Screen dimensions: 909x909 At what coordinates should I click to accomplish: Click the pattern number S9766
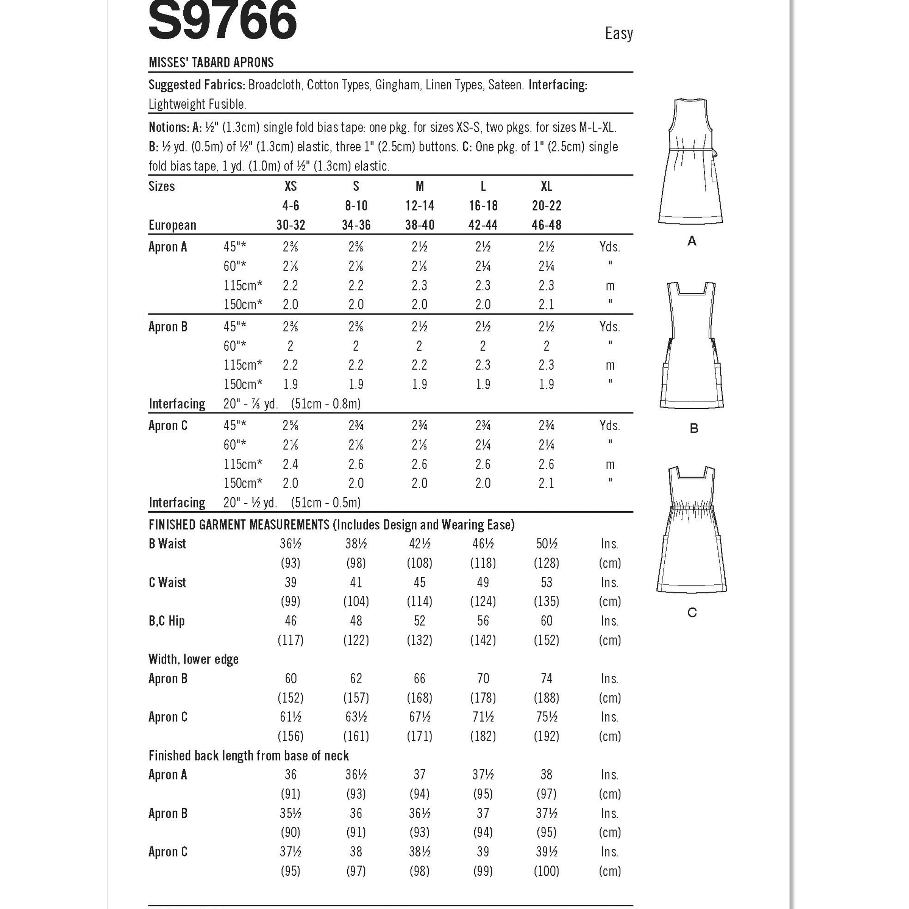pyautogui.click(x=223, y=21)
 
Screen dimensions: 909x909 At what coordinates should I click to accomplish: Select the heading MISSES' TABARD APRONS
pyautogui.click(x=211, y=62)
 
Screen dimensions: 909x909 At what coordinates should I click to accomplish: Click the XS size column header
pyautogui.click(x=290, y=186)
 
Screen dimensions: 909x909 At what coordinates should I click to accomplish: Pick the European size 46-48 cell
pyautogui.click(x=546, y=225)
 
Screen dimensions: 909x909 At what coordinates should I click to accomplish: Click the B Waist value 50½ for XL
pyautogui.click(x=546, y=544)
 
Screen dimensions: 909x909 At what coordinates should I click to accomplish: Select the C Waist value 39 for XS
pyautogui.click(x=290, y=583)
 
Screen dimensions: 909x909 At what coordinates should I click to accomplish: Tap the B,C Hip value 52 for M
pyautogui.click(x=419, y=621)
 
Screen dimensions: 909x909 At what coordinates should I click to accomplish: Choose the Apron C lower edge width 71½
pyautogui.click(x=483, y=717)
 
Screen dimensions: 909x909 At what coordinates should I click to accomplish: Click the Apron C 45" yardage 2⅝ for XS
pyautogui.click(x=290, y=426)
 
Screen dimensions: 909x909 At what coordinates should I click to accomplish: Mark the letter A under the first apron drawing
pyautogui.click(x=692, y=241)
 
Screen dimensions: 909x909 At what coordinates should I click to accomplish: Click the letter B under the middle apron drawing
pyautogui.click(x=693, y=428)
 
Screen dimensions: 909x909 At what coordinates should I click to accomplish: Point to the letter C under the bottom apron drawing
pyautogui.click(x=692, y=612)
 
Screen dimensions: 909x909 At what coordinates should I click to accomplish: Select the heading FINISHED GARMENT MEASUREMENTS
pyautogui.click(x=239, y=525)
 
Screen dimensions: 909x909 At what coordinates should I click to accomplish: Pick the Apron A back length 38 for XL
pyautogui.click(x=546, y=775)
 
